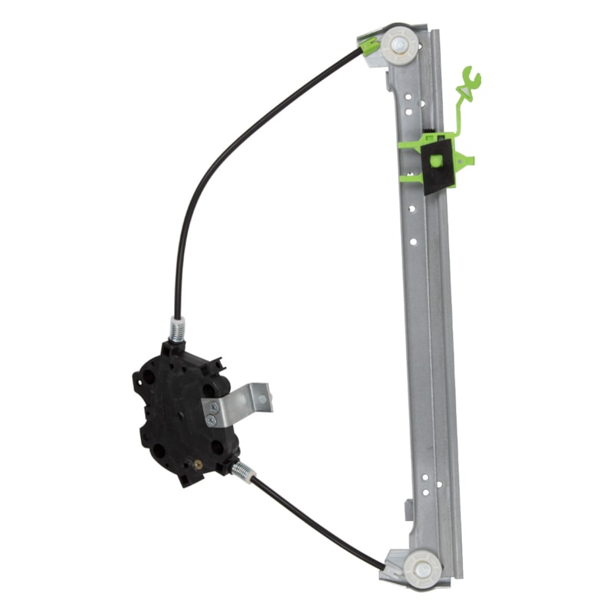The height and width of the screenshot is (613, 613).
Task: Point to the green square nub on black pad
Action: pyautogui.click(x=435, y=161)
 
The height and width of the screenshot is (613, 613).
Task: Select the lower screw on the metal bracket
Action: pyautogui.click(x=212, y=420)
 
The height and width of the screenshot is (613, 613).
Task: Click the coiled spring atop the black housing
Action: pyautogui.click(x=177, y=331)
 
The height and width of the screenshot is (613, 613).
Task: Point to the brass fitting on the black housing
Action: pyautogui.click(x=199, y=464)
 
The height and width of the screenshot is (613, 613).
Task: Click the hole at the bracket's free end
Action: pyautogui.click(x=261, y=398)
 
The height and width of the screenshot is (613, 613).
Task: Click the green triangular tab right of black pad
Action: pyautogui.click(x=465, y=159)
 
